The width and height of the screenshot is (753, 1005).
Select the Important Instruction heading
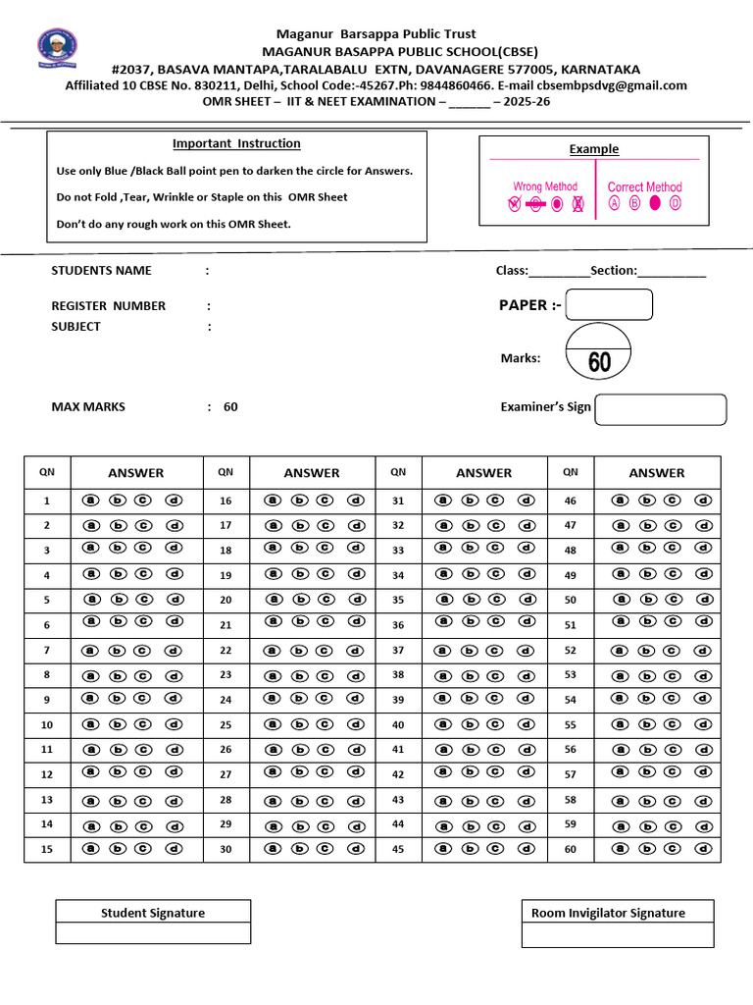(x=236, y=143)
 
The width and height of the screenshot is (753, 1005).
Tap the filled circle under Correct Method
(x=655, y=204)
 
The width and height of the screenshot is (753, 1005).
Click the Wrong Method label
(x=545, y=186)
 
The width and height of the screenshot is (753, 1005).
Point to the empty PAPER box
(x=609, y=305)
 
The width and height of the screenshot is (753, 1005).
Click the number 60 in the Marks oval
(x=599, y=363)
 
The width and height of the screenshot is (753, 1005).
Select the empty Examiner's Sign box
(x=661, y=409)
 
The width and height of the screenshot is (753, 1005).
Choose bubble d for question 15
(x=175, y=848)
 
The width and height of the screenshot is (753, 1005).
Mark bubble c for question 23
(x=324, y=674)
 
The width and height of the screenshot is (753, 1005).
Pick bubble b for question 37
(x=468, y=650)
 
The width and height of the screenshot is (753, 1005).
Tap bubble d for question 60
(x=703, y=848)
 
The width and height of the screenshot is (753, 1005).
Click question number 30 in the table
(x=226, y=849)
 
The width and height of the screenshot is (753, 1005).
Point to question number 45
(x=398, y=849)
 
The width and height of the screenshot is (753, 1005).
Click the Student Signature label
(x=153, y=913)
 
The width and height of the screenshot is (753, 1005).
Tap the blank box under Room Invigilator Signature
(x=617, y=935)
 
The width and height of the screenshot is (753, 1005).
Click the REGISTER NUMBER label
(x=108, y=305)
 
